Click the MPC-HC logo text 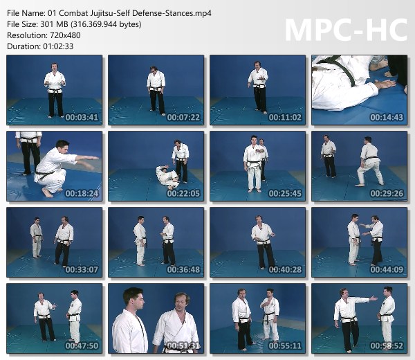(346, 30)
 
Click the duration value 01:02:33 (58, 46)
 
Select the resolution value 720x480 (64, 35)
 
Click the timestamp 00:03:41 (82, 117)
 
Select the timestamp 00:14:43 (387, 117)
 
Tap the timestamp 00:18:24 (82, 193)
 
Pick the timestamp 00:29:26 (387, 193)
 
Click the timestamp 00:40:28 (285, 270)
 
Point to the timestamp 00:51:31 (183, 345)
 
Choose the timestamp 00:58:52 (387, 345)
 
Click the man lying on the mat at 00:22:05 (167, 176)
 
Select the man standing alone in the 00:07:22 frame (156, 91)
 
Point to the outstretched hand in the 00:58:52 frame (373, 299)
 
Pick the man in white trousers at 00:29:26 (370, 161)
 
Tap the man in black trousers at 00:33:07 (64, 241)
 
